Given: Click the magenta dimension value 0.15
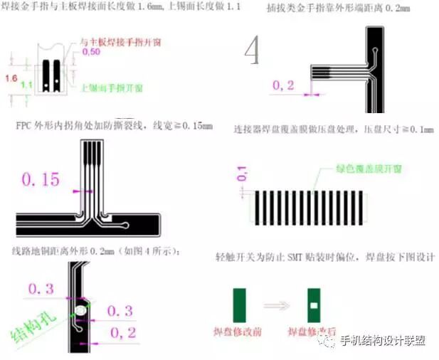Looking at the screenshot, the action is tap(41, 179).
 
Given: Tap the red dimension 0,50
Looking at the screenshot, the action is tap(91, 52).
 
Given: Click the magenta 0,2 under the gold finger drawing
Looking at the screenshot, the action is tap(282, 85).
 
